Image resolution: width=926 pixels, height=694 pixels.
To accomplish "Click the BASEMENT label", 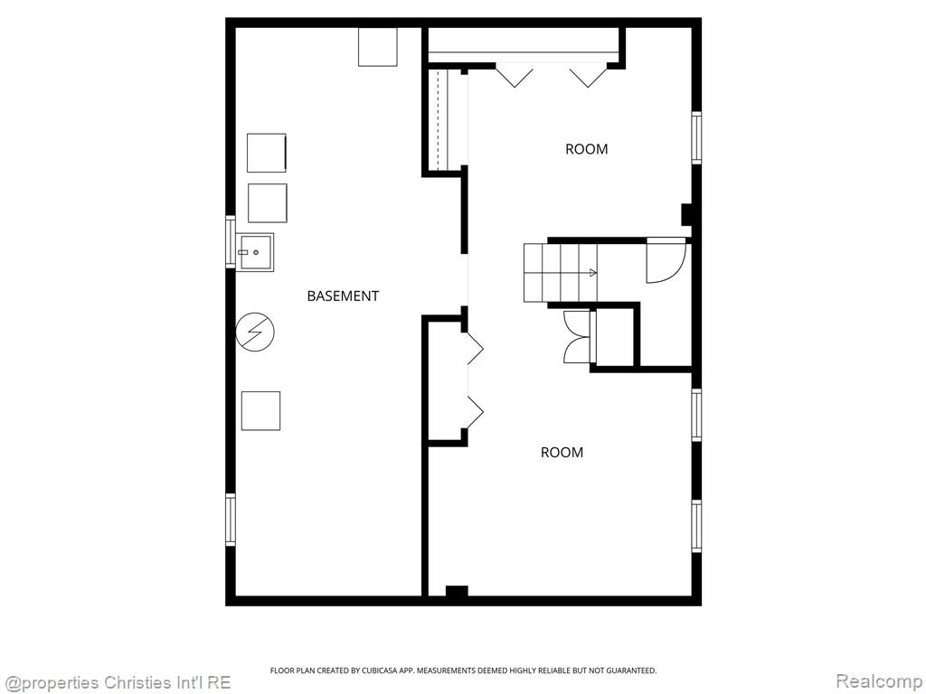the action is (x=343, y=295).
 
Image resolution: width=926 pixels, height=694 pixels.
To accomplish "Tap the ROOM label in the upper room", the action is (x=586, y=149).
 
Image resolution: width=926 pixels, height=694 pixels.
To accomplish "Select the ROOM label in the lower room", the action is (x=562, y=452).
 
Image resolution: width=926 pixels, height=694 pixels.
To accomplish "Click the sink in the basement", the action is (x=254, y=252).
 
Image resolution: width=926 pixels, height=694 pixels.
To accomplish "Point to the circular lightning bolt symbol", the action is (x=255, y=333).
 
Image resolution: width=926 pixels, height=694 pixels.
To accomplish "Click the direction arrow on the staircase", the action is (x=592, y=273).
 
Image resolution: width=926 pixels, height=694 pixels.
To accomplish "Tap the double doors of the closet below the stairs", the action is (x=577, y=336).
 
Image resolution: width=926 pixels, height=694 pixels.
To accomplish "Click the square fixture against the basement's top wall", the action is (x=378, y=47).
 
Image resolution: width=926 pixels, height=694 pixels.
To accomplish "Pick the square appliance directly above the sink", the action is (x=268, y=203).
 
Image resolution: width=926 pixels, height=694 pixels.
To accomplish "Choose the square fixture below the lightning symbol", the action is (x=261, y=411).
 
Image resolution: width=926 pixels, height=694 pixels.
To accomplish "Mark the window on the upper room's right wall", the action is (x=697, y=137).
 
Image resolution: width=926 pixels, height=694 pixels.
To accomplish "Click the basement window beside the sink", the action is (x=231, y=242).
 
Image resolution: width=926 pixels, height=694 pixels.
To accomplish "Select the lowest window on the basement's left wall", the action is (x=231, y=520).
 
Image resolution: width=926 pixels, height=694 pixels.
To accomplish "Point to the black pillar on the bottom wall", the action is (x=457, y=592).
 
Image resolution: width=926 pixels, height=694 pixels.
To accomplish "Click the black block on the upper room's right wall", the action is (x=687, y=215).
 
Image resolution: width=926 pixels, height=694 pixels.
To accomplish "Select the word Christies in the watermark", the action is (x=137, y=683).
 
